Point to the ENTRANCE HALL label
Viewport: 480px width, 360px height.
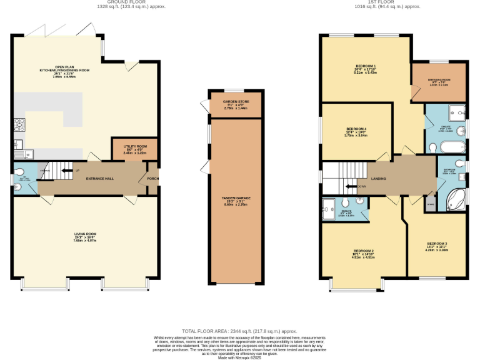100,179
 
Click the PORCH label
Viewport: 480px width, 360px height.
152,179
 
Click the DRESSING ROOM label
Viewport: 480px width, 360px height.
439,80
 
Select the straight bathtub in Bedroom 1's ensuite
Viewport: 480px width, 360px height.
449,148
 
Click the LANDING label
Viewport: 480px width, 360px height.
378,179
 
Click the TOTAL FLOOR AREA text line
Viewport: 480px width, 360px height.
239,331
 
